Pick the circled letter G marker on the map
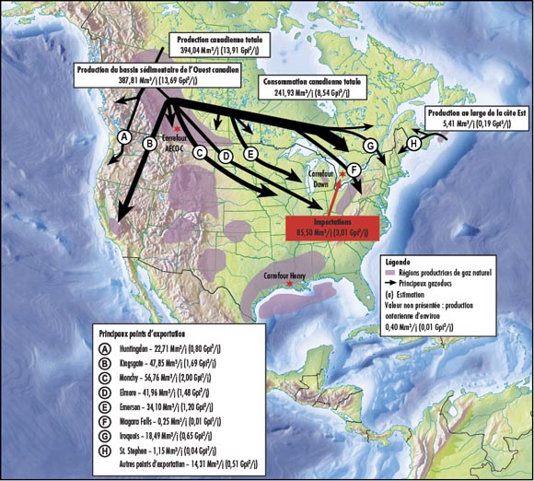pos(370,146)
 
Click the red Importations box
pos(333,228)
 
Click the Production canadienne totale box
pos(227,41)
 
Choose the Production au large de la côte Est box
pos(475,116)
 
